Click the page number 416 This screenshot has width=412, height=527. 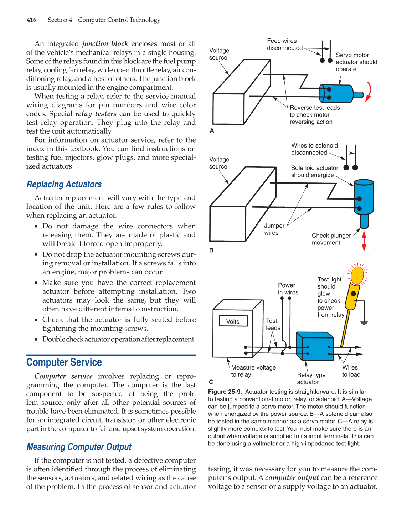(31, 20)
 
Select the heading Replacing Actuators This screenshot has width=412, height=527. (64, 184)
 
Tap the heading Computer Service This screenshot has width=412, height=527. (64, 362)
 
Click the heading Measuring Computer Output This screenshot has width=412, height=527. (79, 447)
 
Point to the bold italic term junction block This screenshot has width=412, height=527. (105, 44)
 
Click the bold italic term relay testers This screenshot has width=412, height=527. (96, 114)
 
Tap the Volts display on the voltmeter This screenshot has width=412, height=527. (233, 321)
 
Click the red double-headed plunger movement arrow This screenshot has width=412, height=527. (364, 241)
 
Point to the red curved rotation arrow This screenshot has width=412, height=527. (369, 92)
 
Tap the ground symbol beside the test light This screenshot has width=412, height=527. (364, 322)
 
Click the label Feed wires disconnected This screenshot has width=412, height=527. (284, 45)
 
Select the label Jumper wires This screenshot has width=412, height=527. (274, 229)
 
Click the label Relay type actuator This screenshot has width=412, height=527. (311, 378)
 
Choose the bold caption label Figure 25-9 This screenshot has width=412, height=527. (225, 392)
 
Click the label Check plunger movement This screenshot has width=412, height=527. (331, 239)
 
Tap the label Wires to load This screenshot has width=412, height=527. (351, 371)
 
